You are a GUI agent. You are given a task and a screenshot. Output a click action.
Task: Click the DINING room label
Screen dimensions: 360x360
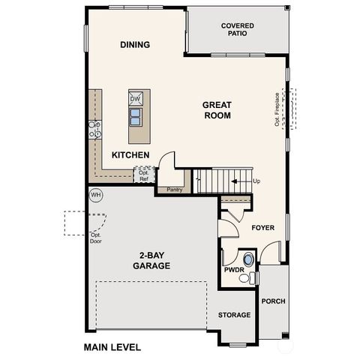pyautogui.click(x=135, y=45)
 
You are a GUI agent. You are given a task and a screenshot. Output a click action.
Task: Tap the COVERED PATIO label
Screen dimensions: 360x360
pyautogui.click(x=237, y=29)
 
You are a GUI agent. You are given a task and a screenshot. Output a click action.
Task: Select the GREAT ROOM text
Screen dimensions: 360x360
pyautogui.click(x=217, y=110)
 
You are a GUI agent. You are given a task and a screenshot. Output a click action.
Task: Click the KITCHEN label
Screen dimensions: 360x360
pyautogui.click(x=131, y=155)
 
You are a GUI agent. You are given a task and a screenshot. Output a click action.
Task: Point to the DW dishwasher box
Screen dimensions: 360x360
pyautogui.click(x=136, y=99)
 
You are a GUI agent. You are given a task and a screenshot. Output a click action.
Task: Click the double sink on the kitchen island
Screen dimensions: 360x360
pyautogui.click(x=136, y=115)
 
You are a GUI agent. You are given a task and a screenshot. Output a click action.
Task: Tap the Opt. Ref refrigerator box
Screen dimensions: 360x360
pyautogui.click(x=143, y=175)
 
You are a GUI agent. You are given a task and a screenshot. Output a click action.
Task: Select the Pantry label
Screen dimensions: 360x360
pyautogui.click(x=175, y=190)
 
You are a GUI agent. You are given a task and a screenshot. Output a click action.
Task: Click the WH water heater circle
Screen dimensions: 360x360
pyautogui.click(x=95, y=195)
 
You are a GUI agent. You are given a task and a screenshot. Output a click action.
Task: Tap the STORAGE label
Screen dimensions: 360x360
pyautogui.click(x=234, y=315)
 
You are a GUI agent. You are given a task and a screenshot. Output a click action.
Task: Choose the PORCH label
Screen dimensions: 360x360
pyautogui.click(x=273, y=302)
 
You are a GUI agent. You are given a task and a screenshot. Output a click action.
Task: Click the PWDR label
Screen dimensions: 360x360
pyautogui.click(x=233, y=270)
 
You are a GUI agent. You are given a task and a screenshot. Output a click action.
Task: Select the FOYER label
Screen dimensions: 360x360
pyautogui.click(x=263, y=227)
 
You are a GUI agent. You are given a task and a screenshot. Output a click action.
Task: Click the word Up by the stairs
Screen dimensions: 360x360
pyautogui.click(x=257, y=181)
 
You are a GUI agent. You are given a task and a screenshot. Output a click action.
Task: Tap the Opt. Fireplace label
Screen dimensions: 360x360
pyautogui.click(x=277, y=109)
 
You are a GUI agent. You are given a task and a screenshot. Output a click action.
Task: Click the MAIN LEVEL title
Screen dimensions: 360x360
pyautogui.click(x=112, y=348)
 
